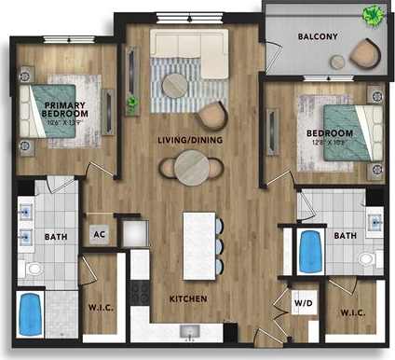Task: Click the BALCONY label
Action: click(317, 37)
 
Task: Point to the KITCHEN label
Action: click(186, 299)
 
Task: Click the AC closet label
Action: click(98, 234)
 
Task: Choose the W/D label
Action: click(303, 302)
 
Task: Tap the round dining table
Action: click(191, 168)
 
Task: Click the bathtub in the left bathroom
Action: click(34, 315)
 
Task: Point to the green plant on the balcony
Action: click(372, 14)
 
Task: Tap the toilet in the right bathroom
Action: click(368, 257)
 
